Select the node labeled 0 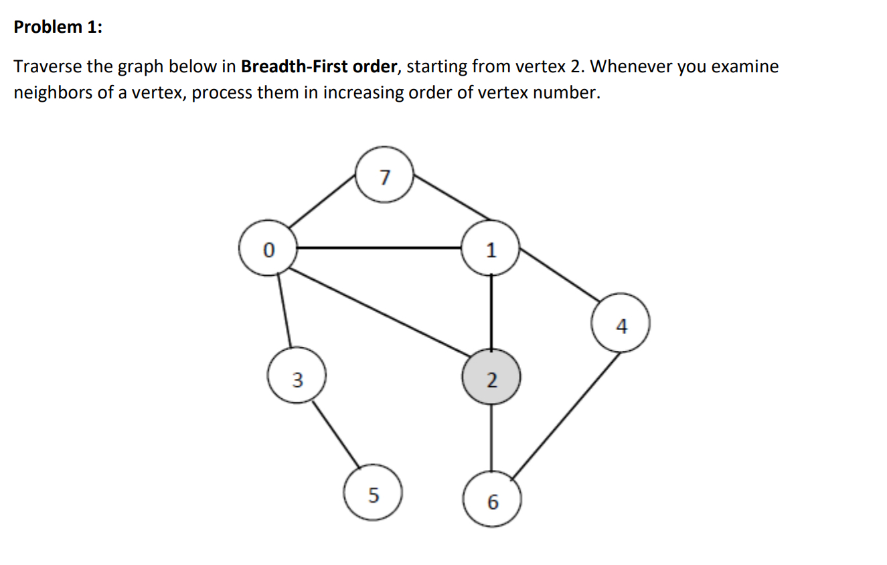click(x=268, y=250)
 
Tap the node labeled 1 click(x=491, y=250)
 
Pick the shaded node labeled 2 click(x=491, y=380)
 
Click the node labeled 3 click(x=297, y=380)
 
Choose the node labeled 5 click(x=373, y=495)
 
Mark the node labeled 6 click(x=491, y=501)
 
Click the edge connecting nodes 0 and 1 click(x=379, y=248)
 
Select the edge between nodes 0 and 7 click(x=323, y=201)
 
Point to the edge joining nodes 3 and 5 click(x=336, y=435)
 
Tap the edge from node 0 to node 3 click(x=284, y=310)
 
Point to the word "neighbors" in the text click(x=54, y=93)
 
